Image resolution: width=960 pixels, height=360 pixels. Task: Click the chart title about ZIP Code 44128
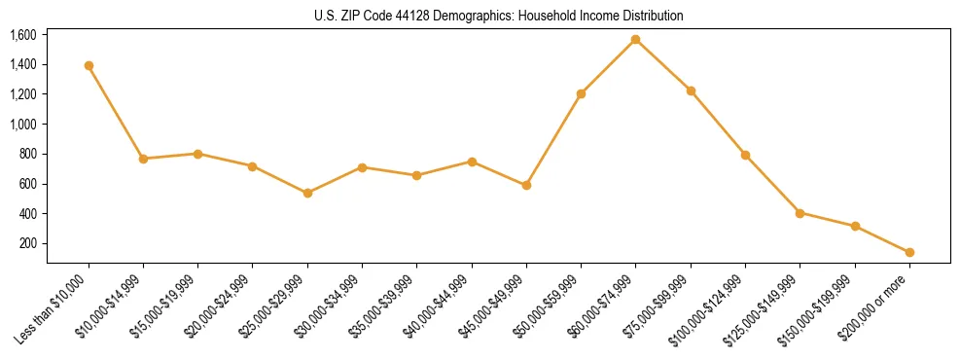pos(499,17)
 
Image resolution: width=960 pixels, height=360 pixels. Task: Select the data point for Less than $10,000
pos(89,65)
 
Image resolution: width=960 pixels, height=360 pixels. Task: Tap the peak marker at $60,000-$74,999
pos(635,39)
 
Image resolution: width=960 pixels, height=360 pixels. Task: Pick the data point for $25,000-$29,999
pos(307,193)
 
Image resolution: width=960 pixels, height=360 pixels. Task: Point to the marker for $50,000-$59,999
pos(581,93)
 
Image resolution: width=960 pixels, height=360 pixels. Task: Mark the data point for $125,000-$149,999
pos(800,212)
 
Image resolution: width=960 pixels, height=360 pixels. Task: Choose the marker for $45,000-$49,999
pos(526,185)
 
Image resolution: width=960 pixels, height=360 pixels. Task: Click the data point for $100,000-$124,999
pos(745,155)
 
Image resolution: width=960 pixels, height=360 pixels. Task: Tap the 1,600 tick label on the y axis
pos(23,35)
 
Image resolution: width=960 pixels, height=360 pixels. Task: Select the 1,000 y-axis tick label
pos(23,125)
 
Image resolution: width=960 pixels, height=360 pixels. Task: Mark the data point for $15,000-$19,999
pos(197,154)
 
